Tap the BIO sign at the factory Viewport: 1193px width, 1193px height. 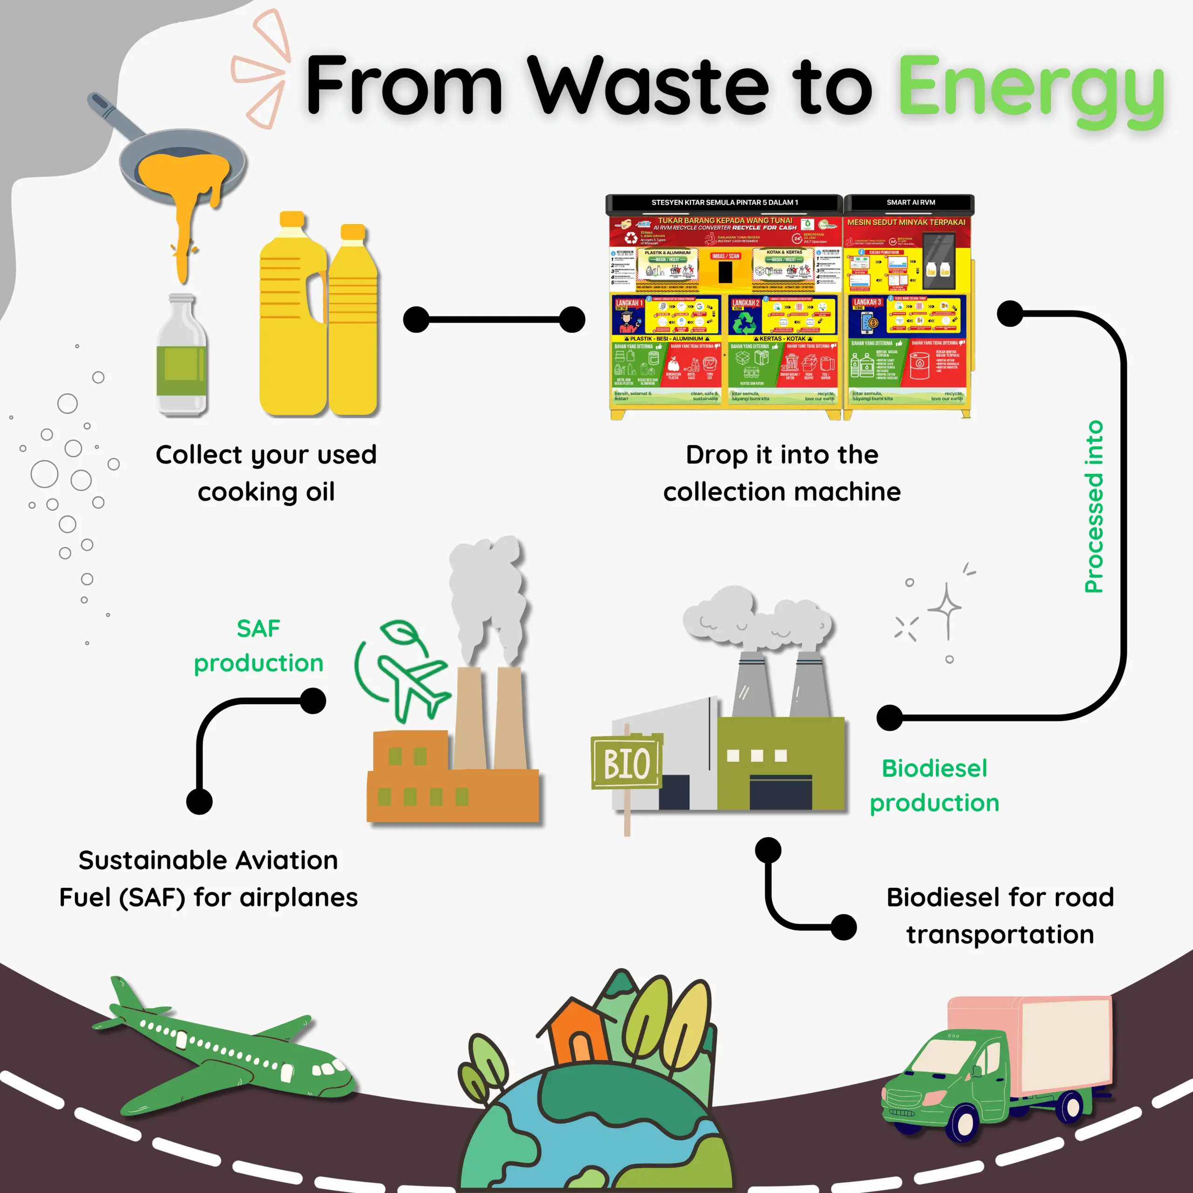[x=626, y=763]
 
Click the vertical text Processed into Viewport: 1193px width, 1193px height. [x=1094, y=507]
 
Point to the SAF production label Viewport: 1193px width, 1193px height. [x=258, y=646]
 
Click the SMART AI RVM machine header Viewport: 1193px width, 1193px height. [x=910, y=203]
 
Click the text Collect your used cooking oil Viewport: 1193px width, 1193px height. [x=266, y=473]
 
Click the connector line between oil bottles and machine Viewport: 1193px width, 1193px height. [x=494, y=320]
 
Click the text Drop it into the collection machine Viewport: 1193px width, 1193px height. [x=782, y=473]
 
